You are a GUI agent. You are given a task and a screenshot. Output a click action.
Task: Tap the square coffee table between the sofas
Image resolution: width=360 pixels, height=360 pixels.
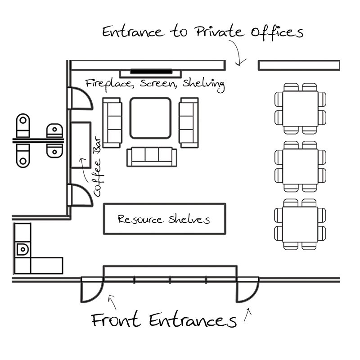(150, 118)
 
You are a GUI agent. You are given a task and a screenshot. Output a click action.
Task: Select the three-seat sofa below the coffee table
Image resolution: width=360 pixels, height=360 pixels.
(152, 157)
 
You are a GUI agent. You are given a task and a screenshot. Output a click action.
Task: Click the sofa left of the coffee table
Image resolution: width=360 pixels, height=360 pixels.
(112, 122)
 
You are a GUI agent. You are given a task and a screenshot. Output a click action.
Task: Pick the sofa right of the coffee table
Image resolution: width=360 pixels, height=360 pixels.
(189, 122)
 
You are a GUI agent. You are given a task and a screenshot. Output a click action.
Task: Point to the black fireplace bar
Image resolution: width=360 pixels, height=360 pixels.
(151, 71)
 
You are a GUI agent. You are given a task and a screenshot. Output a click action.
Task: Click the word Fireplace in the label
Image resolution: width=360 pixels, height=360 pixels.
(110, 83)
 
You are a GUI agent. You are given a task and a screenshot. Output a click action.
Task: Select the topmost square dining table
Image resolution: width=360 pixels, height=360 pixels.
(300, 108)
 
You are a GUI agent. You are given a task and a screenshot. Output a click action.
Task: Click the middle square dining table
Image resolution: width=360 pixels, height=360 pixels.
(300, 166)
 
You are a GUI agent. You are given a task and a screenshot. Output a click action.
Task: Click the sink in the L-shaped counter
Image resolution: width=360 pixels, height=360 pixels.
(22, 248)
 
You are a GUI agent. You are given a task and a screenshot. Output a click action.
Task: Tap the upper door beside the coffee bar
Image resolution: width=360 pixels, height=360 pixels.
(79, 99)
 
